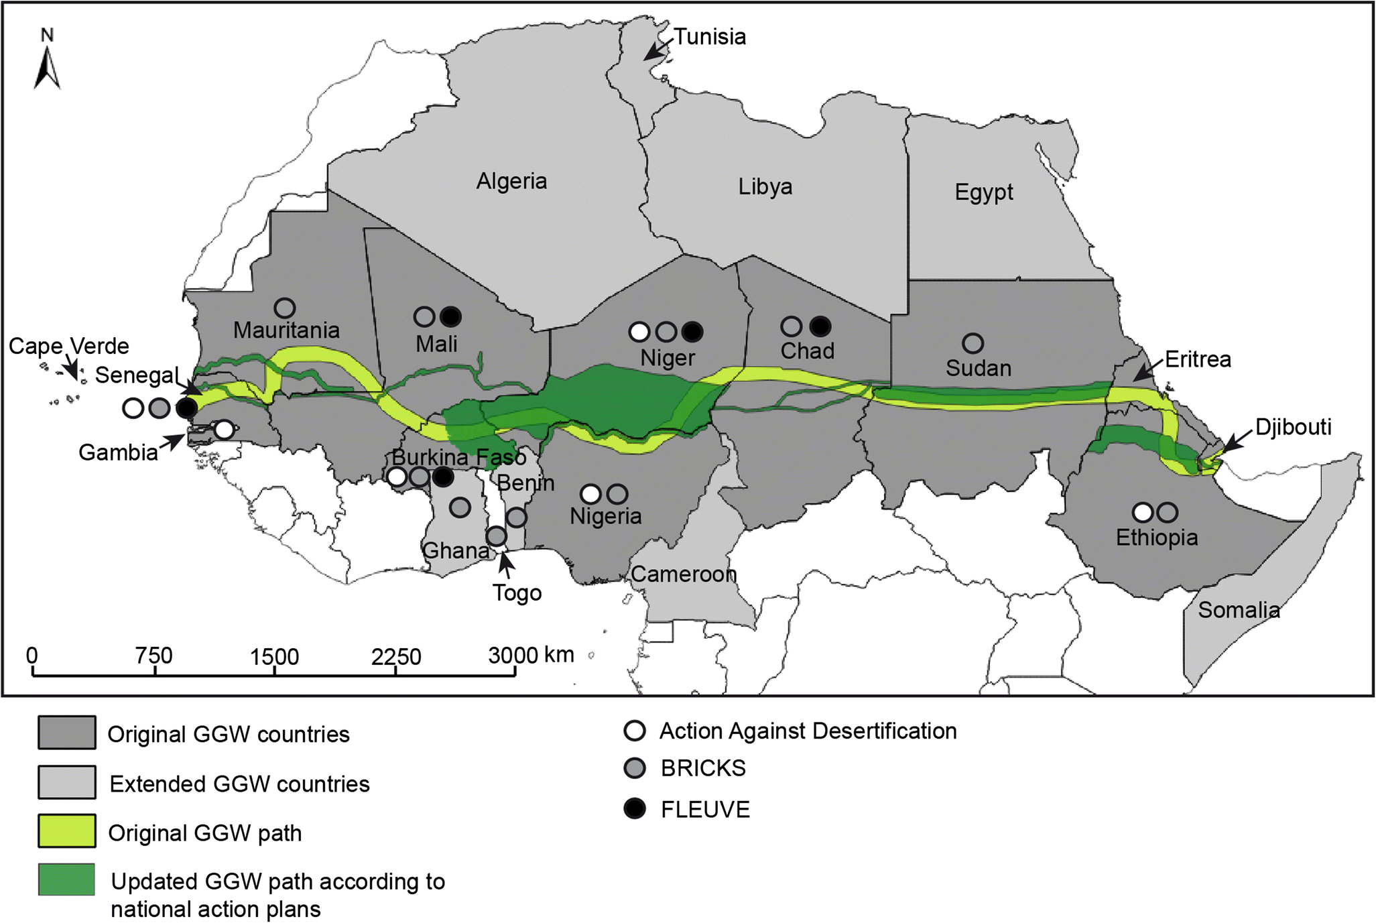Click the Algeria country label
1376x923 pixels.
(x=511, y=181)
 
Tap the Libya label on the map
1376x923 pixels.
(x=765, y=186)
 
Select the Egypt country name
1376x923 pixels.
(x=983, y=192)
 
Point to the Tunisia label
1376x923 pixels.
(x=709, y=37)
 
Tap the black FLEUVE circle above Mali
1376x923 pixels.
(x=451, y=316)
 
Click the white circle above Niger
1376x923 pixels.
(x=639, y=331)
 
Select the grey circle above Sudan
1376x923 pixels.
(x=973, y=343)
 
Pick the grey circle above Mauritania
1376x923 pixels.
(x=285, y=308)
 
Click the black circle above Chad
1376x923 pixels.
(x=820, y=326)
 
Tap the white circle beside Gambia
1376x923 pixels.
(x=225, y=430)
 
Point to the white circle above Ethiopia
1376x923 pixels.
(x=1143, y=513)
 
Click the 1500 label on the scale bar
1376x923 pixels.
(x=274, y=657)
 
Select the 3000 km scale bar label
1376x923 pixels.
(x=530, y=655)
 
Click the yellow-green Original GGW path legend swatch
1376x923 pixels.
(x=66, y=831)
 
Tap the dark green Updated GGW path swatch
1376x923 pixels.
(x=66, y=880)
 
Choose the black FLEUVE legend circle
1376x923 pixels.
(x=635, y=809)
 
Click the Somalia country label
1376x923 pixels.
(x=1239, y=610)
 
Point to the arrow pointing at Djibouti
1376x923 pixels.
(x=1235, y=440)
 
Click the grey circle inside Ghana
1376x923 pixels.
(x=460, y=507)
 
